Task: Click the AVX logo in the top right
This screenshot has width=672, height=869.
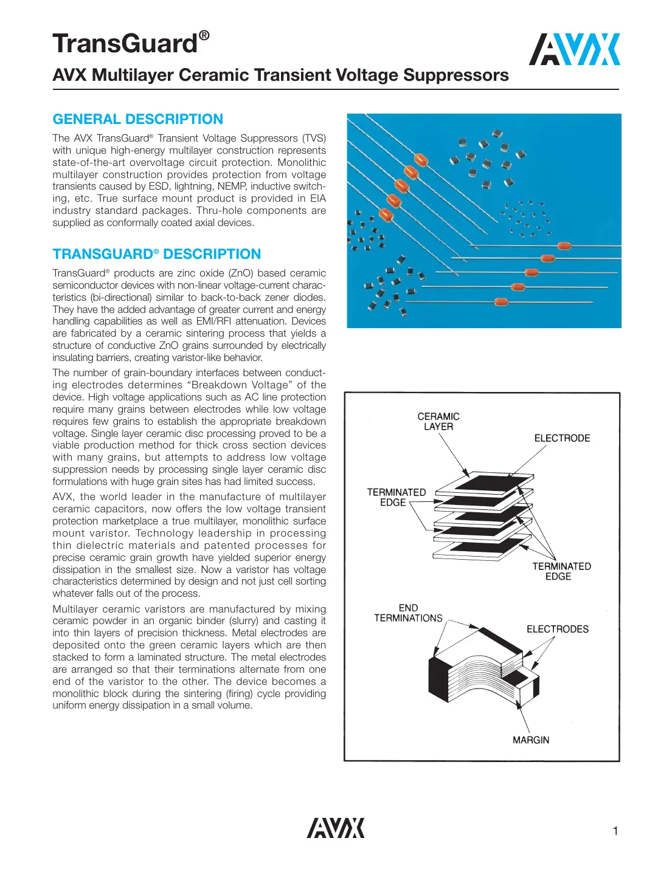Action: click(x=574, y=49)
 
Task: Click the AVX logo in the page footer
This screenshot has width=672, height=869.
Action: click(x=336, y=828)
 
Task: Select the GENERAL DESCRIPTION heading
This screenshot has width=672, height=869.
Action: click(x=138, y=119)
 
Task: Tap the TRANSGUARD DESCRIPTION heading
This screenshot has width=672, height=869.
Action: click(x=156, y=254)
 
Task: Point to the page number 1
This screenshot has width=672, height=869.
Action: click(x=615, y=831)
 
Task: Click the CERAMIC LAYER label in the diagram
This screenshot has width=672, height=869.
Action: click(x=438, y=421)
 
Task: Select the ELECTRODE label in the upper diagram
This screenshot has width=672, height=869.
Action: click(x=562, y=438)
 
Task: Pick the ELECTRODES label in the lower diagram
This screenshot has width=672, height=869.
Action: click(x=557, y=629)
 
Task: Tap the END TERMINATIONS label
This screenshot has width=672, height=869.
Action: click(x=408, y=613)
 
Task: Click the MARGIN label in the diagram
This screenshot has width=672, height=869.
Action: click(x=530, y=740)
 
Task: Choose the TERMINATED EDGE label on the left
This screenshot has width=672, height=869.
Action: click(x=396, y=497)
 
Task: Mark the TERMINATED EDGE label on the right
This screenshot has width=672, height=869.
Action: click(x=561, y=571)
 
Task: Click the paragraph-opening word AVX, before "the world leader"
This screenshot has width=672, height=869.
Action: click(x=63, y=496)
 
